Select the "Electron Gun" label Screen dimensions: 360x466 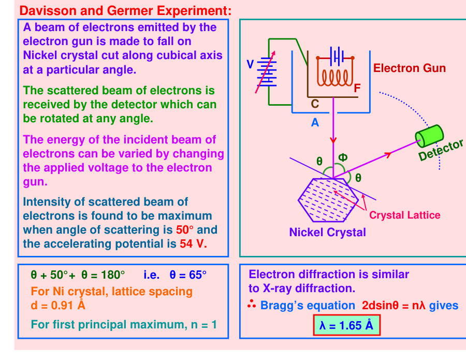pyautogui.click(x=409, y=68)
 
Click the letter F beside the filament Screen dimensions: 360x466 pyautogui.click(x=357, y=89)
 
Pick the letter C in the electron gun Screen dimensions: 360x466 pyautogui.click(x=315, y=104)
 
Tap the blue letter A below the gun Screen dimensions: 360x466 pyautogui.click(x=315, y=123)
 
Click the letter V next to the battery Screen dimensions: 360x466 pyautogui.click(x=250, y=64)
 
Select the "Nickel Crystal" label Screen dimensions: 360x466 pyautogui.click(x=327, y=232)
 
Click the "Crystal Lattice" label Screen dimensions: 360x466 pyautogui.click(x=404, y=215)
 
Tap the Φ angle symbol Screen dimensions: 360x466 pyautogui.click(x=343, y=157)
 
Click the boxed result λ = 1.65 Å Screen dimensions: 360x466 pyautogui.click(x=346, y=325)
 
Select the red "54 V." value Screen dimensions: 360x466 pyautogui.click(x=193, y=243)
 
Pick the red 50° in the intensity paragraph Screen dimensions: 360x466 pyautogui.click(x=185, y=229)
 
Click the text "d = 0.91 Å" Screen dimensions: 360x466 pyautogui.click(x=58, y=305)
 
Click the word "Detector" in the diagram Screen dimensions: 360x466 pyautogui.click(x=441, y=150)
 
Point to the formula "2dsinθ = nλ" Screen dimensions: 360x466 pyautogui.click(x=393, y=305)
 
